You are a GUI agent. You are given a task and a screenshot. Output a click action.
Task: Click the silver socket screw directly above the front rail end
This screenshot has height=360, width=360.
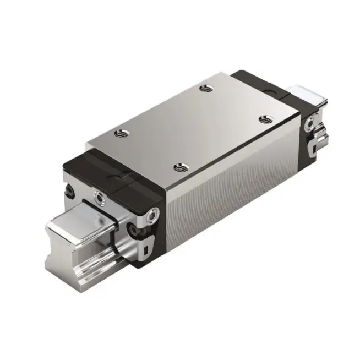99,195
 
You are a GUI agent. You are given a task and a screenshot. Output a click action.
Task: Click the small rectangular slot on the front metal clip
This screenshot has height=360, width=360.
144,253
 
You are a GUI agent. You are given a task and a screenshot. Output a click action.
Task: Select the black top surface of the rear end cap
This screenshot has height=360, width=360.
259,83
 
